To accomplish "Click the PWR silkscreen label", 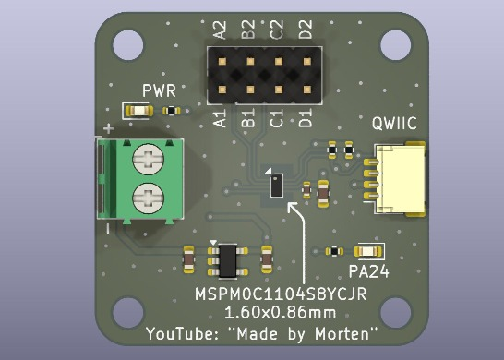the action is (159, 91).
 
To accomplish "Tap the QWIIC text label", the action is (394, 123).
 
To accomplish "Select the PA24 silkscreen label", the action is (369, 272).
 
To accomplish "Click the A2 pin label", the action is (221, 30).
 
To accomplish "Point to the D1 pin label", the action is (305, 117).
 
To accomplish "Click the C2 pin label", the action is (277, 30).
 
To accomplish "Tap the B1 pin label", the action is (248, 117).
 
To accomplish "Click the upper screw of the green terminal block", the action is (149, 159).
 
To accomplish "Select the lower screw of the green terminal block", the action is (149, 198).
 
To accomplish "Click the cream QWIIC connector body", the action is (401, 179).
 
